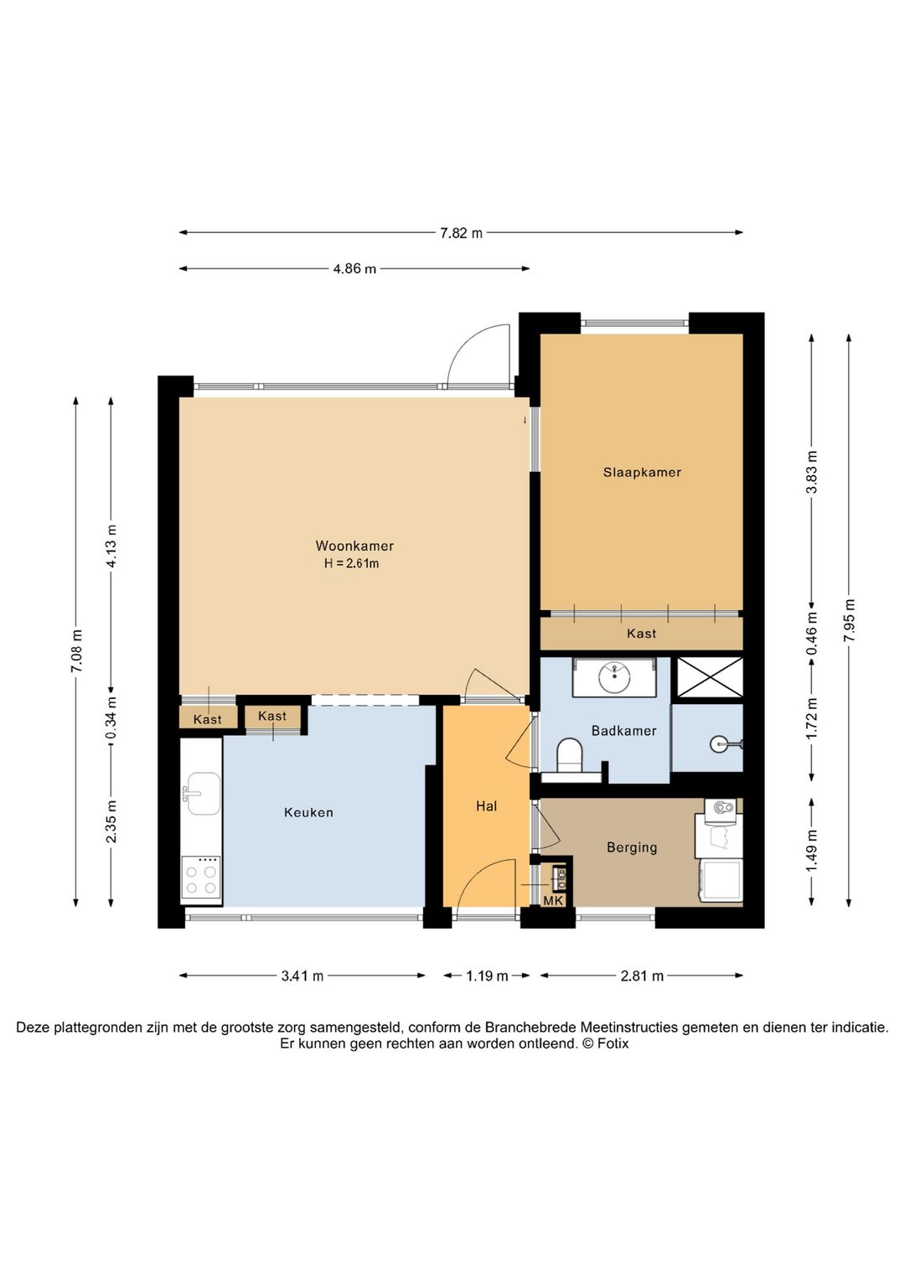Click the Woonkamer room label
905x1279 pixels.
coord(354,546)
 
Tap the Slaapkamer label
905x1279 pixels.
coord(642,472)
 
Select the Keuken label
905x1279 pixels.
coord(308,812)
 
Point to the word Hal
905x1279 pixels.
coord(487,805)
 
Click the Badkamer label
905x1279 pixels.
coord(623,730)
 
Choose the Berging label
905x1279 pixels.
coord(632,847)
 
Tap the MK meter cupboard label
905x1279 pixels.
coord(553,901)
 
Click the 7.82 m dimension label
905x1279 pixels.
coord(461,233)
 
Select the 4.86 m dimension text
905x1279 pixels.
coord(354,268)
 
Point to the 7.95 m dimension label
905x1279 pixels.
coord(850,620)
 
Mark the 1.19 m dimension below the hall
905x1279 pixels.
coord(487,976)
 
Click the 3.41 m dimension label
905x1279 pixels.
coord(302,976)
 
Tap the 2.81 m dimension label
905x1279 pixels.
coord(642,976)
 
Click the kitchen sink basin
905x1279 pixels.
coord(204,793)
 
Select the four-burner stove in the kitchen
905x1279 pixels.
coord(201,878)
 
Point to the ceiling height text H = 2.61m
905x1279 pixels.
coord(352,563)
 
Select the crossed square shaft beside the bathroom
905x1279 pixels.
coord(710,677)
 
